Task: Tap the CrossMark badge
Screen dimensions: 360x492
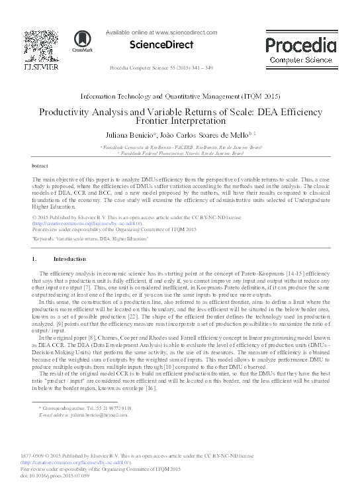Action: [83, 41]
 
